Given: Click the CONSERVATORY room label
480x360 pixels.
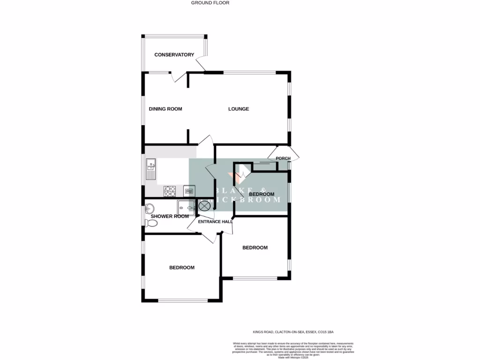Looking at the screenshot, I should coord(174,55).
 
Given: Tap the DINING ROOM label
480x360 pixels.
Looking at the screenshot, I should coord(165,109).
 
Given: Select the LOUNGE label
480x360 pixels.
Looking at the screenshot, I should coord(239,109).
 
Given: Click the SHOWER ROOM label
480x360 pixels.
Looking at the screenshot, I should coord(170,216).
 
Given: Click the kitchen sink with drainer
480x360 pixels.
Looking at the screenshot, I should coord(151,169).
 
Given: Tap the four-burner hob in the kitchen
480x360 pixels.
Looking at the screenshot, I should coord(170,191).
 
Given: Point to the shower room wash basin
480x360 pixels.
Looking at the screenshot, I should coord(150,207).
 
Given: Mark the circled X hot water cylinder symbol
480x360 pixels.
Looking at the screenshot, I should coord(204,205).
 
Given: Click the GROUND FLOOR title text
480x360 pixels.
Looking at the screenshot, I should coord(210,3).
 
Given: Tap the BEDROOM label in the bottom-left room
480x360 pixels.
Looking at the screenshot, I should coord(182,268).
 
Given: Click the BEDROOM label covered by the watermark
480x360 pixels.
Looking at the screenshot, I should coord(261,194).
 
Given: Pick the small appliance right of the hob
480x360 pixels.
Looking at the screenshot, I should coord(189,190).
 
